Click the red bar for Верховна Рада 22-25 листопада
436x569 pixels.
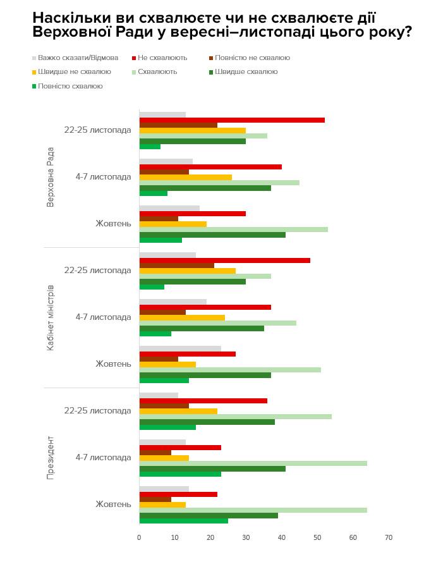coord(232,119)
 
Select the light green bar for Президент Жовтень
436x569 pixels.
coord(253,510)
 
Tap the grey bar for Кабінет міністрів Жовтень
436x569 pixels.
coord(180,348)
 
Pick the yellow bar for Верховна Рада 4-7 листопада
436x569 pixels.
coord(185,177)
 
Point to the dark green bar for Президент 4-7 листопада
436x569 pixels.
coord(212,468)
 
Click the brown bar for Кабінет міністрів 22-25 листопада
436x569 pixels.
coord(177,266)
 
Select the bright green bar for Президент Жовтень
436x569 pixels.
coord(183,521)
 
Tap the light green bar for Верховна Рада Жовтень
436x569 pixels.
coord(233,229)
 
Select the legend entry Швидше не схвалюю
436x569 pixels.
coord(75,71)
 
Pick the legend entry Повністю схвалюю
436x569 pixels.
coord(70,86)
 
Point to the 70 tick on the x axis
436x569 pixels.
coord(389,537)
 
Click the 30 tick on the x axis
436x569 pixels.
coord(246,537)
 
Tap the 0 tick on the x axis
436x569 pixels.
coord(139,537)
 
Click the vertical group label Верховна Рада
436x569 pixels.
coord(51,177)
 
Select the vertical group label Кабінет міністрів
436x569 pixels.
coord(51,317)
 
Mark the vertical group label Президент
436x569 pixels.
coord(51,458)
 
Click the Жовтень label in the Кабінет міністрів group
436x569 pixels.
coord(113,364)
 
